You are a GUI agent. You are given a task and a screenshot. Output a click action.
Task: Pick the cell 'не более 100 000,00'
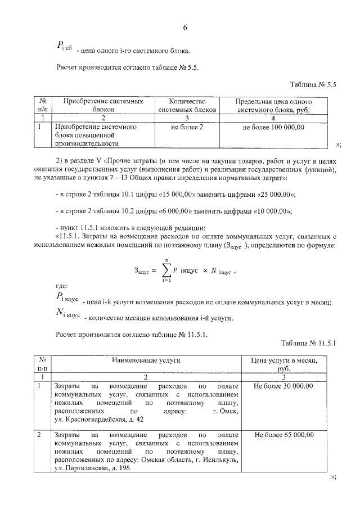(273, 128)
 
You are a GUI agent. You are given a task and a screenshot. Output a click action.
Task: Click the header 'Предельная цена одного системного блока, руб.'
(273, 106)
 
